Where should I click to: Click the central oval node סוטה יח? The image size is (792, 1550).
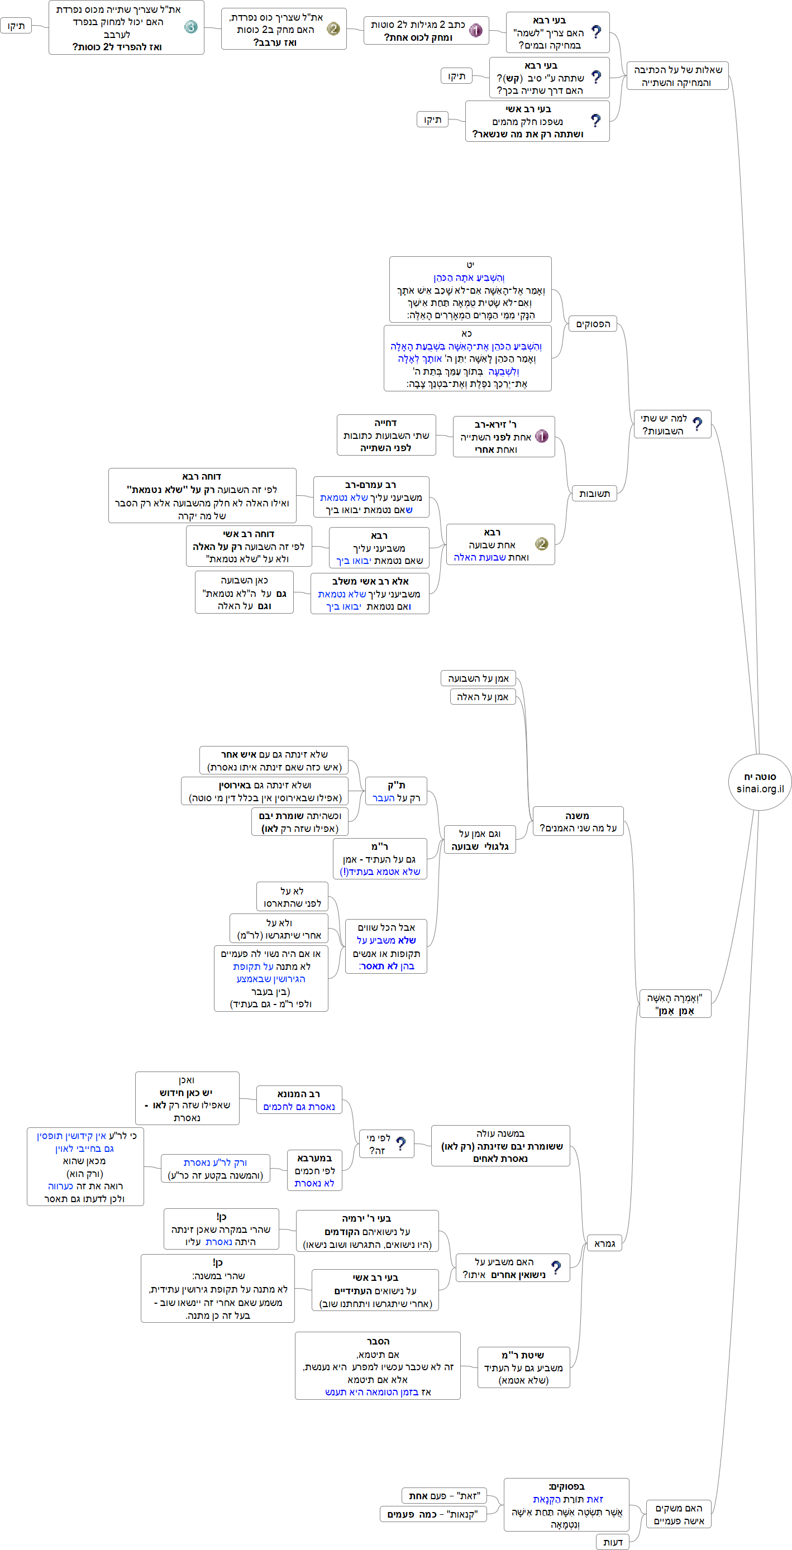click(x=760, y=782)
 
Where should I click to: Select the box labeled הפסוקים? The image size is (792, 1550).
click(x=593, y=324)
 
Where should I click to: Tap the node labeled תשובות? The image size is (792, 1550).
click(x=594, y=494)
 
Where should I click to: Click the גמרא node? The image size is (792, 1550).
click(x=604, y=1243)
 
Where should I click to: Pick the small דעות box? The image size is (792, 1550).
click(x=613, y=1542)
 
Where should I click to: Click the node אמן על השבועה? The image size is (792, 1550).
click(x=479, y=678)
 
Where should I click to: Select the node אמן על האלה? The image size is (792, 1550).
click(x=483, y=697)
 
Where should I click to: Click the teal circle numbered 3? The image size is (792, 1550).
click(x=191, y=27)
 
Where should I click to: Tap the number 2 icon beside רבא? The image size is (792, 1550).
click(x=542, y=544)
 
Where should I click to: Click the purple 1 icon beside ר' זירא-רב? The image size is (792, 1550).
click(x=542, y=436)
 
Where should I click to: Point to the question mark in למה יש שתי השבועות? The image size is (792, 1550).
click(x=697, y=424)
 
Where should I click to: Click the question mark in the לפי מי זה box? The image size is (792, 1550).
click(x=401, y=1144)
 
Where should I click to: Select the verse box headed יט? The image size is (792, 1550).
click(x=470, y=289)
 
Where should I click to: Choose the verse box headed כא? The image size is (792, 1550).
click(x=467, y=358)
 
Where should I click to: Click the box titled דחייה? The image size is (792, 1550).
click(x=386, y=435)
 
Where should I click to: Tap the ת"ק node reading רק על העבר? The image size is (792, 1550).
click(x=396, y=791)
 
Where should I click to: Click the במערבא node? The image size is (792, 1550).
click(x=314, y=1170)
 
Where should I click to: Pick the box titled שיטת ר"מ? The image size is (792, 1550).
click(x=523, y=1367)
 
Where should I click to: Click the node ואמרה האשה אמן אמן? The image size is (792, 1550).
click(x=674, y=1004)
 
